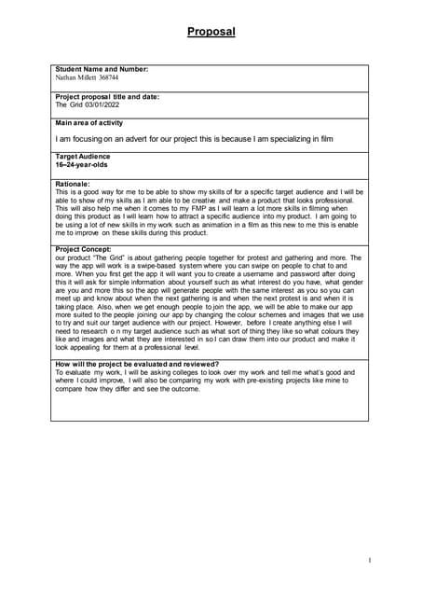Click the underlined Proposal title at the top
[211, 32]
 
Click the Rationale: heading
[75, 185]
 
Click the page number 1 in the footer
[370, 560]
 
